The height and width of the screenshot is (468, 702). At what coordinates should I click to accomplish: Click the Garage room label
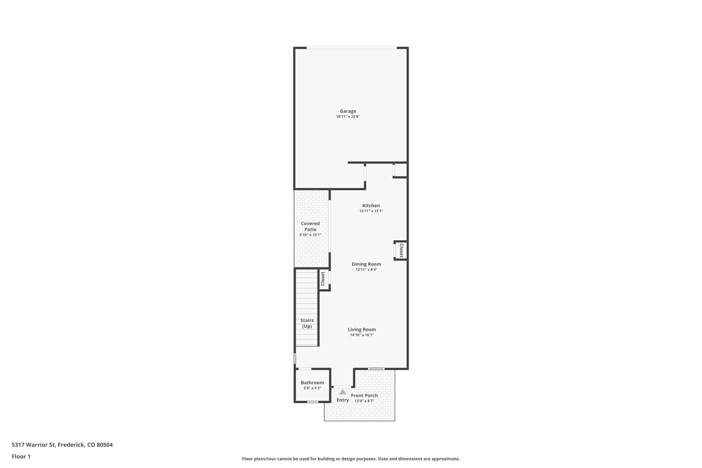point(348,111)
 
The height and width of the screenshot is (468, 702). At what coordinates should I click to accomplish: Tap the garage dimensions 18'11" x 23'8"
point(348,117)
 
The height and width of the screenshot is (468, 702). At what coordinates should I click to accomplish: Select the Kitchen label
point(371,206)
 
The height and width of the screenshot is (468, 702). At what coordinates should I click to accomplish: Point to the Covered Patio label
point(310,226)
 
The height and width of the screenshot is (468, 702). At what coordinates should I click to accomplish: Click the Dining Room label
point(366,264)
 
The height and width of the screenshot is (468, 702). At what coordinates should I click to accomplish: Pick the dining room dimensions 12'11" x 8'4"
point(366,269)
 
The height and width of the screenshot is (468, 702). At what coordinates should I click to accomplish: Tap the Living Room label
point(362,329)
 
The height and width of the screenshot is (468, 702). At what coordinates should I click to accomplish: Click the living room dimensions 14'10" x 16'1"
point(362,335)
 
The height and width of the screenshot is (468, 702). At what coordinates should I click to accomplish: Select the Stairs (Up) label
point(307,323)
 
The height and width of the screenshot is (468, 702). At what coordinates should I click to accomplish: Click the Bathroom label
point(312,383)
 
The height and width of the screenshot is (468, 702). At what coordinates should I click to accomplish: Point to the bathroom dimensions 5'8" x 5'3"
point(312,388)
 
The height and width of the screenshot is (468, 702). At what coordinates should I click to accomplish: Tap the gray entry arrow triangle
point(342,392)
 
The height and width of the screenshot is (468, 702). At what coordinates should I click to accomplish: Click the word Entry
point(342,400)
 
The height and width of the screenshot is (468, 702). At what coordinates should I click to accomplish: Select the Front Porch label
point(364,395)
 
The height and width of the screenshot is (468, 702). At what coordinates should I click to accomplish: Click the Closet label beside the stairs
point(323,279)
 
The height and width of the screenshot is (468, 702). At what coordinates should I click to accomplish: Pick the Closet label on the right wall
point(401,251)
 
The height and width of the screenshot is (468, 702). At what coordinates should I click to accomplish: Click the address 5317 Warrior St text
point(62,445)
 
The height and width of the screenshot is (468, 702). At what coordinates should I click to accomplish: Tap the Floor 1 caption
point(21,456)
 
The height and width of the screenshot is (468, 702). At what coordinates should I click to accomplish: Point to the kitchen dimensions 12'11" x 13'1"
point(371,211)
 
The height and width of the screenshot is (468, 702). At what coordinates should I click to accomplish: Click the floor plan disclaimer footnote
point(351,459)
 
